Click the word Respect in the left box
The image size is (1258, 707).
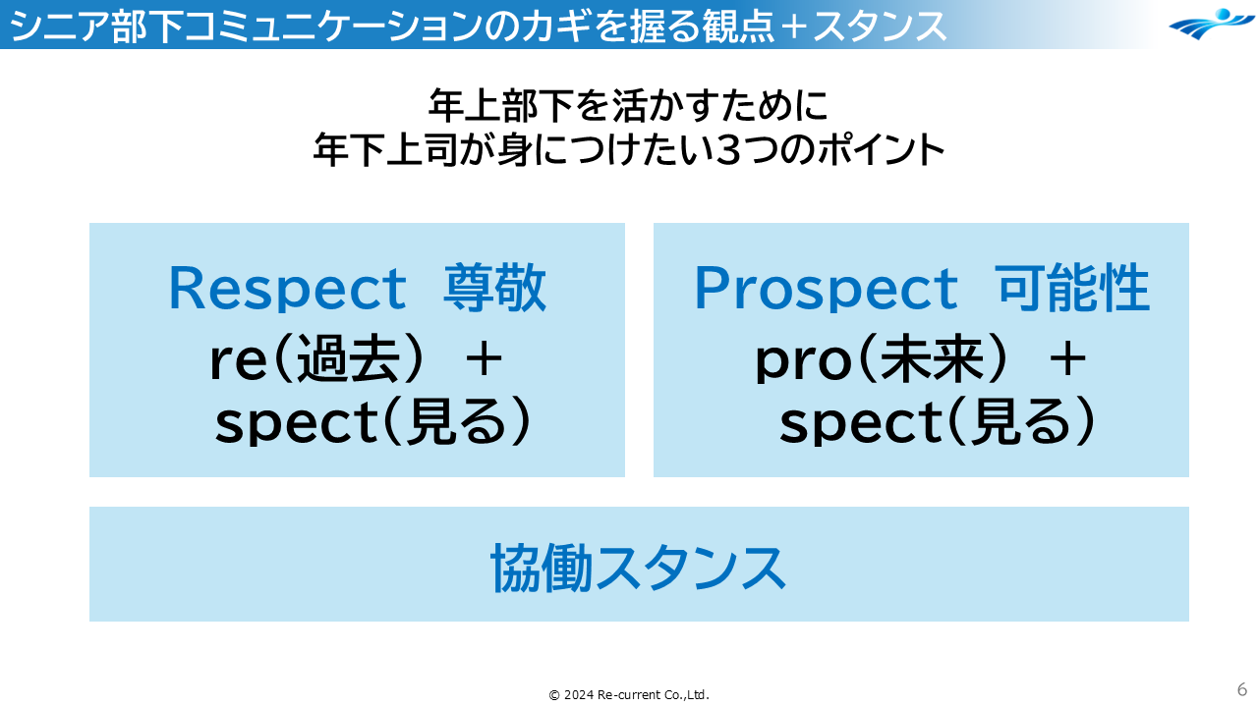click(288, 289)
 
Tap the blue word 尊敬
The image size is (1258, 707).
click(494, 288)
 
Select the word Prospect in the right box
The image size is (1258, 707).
click(827, 289)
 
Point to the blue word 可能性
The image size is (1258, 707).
click(1074, 288)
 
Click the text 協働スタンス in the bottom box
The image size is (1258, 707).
click(639, 568)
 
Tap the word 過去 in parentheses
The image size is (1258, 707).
click(348, 359)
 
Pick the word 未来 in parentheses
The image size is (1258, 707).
click(933, 359)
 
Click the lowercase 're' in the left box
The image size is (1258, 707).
click(238, 362)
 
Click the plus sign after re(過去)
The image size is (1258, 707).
click(485, 359)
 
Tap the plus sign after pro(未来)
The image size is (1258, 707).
click(1068, 359)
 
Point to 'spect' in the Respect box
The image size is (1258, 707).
click(297, 423)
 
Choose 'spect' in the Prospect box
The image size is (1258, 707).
click(861, 423)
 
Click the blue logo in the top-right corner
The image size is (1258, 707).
click(1212, 24)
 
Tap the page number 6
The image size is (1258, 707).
click(1242, 689)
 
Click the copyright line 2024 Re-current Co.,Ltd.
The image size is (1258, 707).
click(629, 695)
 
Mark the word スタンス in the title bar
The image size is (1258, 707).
click(880, 26)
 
